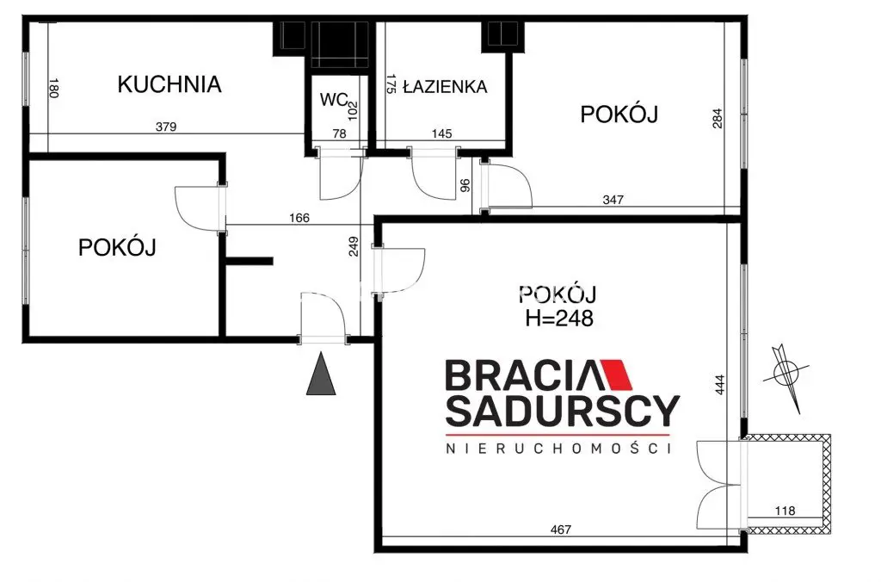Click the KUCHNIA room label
(x=169, y=84)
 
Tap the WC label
(x=333, y=100)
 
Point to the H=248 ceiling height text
(x=559, y=319)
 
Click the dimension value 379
(x=166, y=127)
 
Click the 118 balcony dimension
(x=785, y=511)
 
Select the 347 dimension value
(x=613, y=200)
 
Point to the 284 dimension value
(x=718, y=118)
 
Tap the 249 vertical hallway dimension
(x=353, y=249)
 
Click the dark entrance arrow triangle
(x=321, y=375)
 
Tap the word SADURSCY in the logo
(x=562, y=412)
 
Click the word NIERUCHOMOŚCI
(x=557, y=449)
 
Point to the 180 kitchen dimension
(x=53, y=89)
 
